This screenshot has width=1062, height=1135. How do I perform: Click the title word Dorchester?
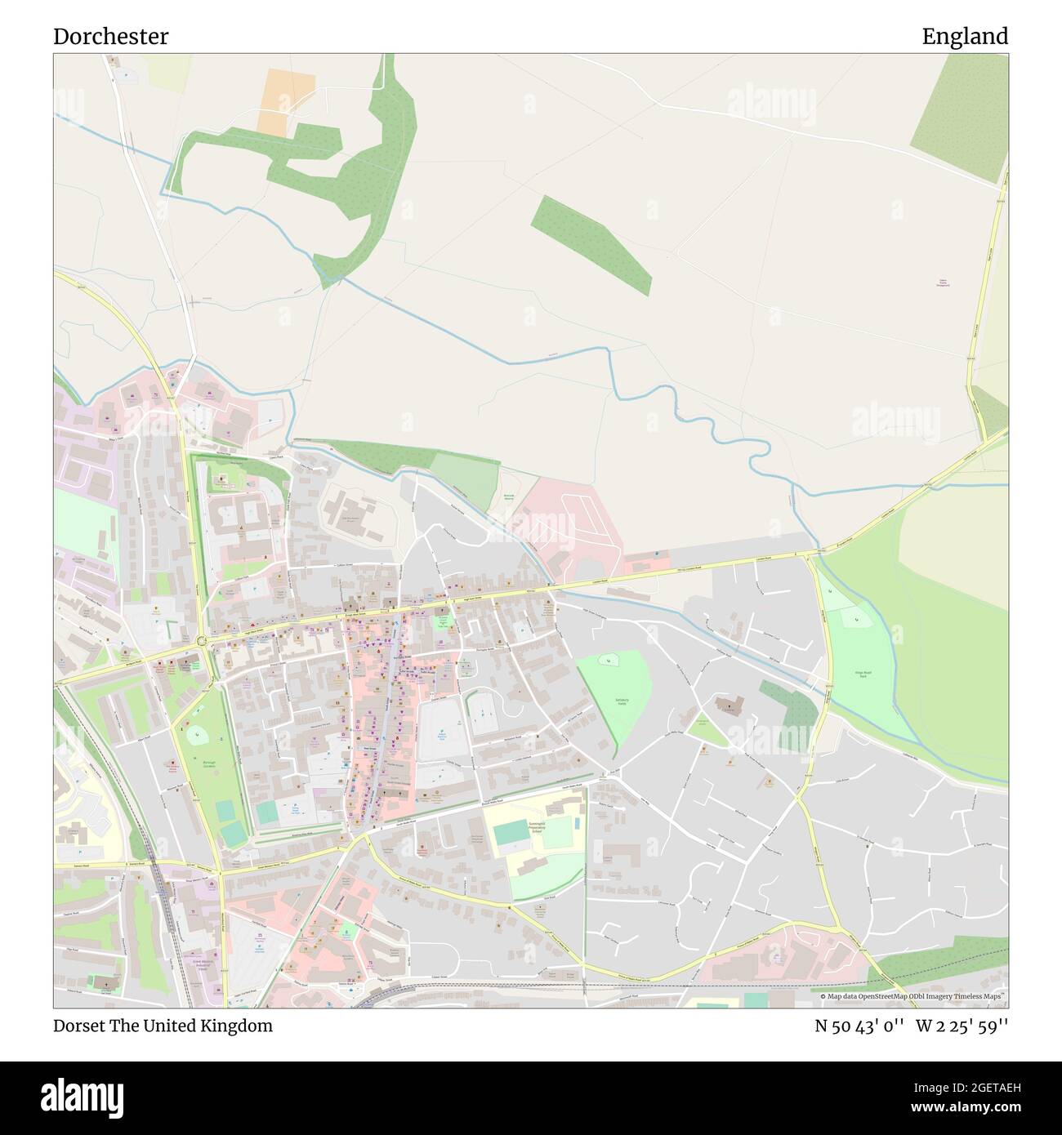point(111,37)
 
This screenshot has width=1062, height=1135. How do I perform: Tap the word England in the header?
point(965,37)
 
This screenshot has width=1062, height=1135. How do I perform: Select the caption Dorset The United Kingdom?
point(163,1026)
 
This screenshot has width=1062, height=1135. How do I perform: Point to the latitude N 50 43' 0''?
point(859,1026)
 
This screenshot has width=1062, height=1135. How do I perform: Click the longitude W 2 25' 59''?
point(962,1026)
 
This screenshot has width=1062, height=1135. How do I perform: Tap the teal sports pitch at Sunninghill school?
point(511,834)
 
